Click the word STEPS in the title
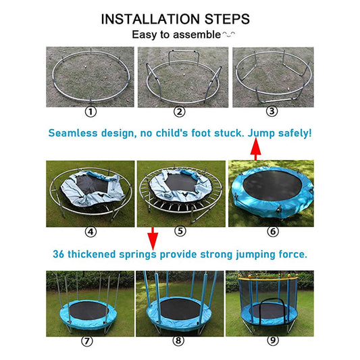pos(228,18)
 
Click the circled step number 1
pos(90,112)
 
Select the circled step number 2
pos(179,112)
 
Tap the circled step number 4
pos(90,231)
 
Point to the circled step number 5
pos(180,231)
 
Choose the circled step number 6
pos(272,231)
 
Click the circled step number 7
pos(86,340)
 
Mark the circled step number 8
pos(178,340)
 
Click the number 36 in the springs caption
pos(60,255)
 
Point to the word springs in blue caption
pos(137,255)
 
